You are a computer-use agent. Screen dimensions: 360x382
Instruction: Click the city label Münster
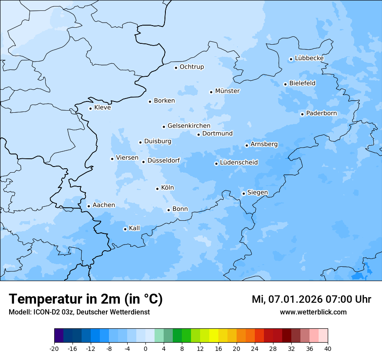[227, 91]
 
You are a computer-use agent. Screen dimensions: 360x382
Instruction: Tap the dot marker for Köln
[157, 189]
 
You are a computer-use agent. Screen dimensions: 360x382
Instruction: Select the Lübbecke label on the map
[309, 58]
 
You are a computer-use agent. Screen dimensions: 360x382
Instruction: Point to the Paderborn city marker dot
[302, 114]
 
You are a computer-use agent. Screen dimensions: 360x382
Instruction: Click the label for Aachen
[104, 205]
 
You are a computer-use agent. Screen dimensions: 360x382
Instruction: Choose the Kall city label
[135, 228]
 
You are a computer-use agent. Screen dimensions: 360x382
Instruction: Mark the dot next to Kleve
[90, 108]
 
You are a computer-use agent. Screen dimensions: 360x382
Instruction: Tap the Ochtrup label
[191, 67]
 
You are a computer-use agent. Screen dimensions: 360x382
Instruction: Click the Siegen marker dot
[244, 193]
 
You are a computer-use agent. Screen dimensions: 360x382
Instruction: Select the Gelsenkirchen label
[189, 126]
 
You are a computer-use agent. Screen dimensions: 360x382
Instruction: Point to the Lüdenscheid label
[239, 163]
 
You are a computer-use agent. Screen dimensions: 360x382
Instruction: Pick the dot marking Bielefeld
[285, 84]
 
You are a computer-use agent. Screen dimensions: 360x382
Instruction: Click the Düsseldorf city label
[164, 160]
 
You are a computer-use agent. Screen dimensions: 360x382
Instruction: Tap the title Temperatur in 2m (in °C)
[86, 299]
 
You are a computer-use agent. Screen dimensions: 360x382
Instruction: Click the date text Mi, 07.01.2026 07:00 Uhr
[311, 299]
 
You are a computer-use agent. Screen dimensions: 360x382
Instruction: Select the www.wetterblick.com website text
[313, 312]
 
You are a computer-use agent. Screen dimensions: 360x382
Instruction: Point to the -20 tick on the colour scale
[54, 349]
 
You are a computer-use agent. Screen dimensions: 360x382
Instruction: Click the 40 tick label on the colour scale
[328, 349]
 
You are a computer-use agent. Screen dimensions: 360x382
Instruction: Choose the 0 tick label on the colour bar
[145, 349]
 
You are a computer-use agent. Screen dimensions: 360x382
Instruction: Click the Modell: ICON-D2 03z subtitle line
[79, 312]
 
